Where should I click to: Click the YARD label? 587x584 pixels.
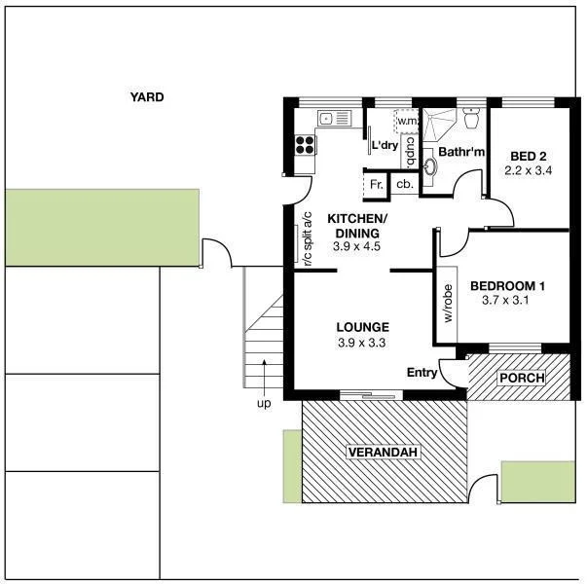(x=147, y=97)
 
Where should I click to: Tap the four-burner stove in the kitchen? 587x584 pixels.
(x=305, y=145)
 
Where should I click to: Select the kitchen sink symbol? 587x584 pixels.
(x=327, y=119)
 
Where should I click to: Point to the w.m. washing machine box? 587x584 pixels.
(x=406, y=122)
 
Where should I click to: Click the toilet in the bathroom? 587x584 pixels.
(x=472, y=120)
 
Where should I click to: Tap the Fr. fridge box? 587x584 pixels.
(x=375, y=183)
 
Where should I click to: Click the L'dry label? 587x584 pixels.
(x=385, y=146)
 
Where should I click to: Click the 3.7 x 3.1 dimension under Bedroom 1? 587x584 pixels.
(x=507, y=301)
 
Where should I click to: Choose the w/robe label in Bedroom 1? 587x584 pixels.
(x=449, y=305)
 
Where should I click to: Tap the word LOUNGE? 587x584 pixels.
(x=362, y=327)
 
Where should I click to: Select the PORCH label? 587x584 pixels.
(x=521, y=378)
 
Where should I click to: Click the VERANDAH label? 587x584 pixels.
(x=383, y=453)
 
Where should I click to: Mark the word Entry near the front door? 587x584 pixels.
(x=422, y=372)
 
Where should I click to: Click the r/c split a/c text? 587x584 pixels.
(x=306, y=239)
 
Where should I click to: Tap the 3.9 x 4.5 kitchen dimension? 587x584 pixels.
(x=355, y=247)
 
